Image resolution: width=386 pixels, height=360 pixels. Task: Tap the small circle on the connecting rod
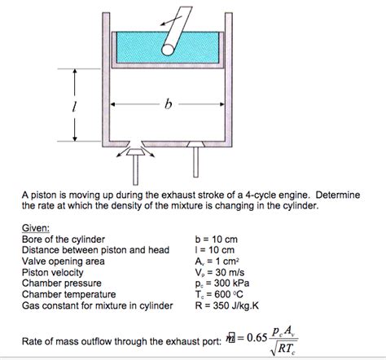[168, 49]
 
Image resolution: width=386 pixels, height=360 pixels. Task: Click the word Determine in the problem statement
[347, 196]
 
